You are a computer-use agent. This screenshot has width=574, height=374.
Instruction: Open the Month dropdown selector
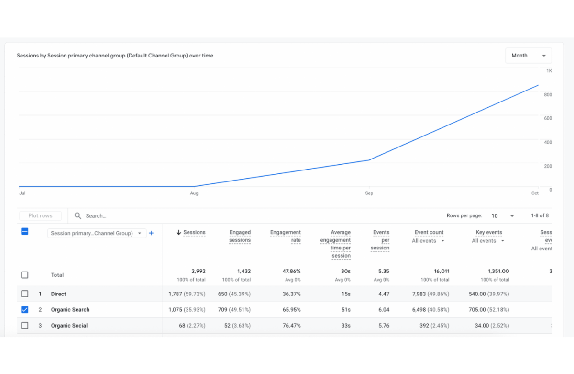[528, 56]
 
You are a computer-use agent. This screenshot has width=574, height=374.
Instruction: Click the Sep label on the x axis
[369, 193]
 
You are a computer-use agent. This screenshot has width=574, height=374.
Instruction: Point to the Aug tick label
[194, 193]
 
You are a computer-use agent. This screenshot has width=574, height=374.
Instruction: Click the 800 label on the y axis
[548, 95]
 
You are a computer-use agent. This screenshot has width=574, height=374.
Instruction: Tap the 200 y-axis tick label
[548, 166]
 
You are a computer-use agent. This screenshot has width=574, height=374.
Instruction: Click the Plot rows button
[40, 216]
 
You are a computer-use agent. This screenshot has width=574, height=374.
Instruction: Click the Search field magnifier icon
[78, 216]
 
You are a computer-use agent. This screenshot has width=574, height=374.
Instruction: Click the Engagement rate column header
[286, 236]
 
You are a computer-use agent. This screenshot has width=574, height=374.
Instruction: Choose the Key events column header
[489, 233]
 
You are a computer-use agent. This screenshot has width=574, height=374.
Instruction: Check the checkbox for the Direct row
[25, 294]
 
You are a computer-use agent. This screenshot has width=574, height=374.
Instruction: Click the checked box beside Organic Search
[25, 310]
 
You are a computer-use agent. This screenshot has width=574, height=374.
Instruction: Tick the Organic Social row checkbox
[25, 326]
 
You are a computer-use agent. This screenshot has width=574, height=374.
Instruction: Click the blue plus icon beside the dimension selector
[151, 233]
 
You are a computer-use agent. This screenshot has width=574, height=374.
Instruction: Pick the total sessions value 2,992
[198, 271]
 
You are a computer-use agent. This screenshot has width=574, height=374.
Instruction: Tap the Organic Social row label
[69, 326]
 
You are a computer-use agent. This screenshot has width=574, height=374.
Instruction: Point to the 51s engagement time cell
[346, 310]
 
